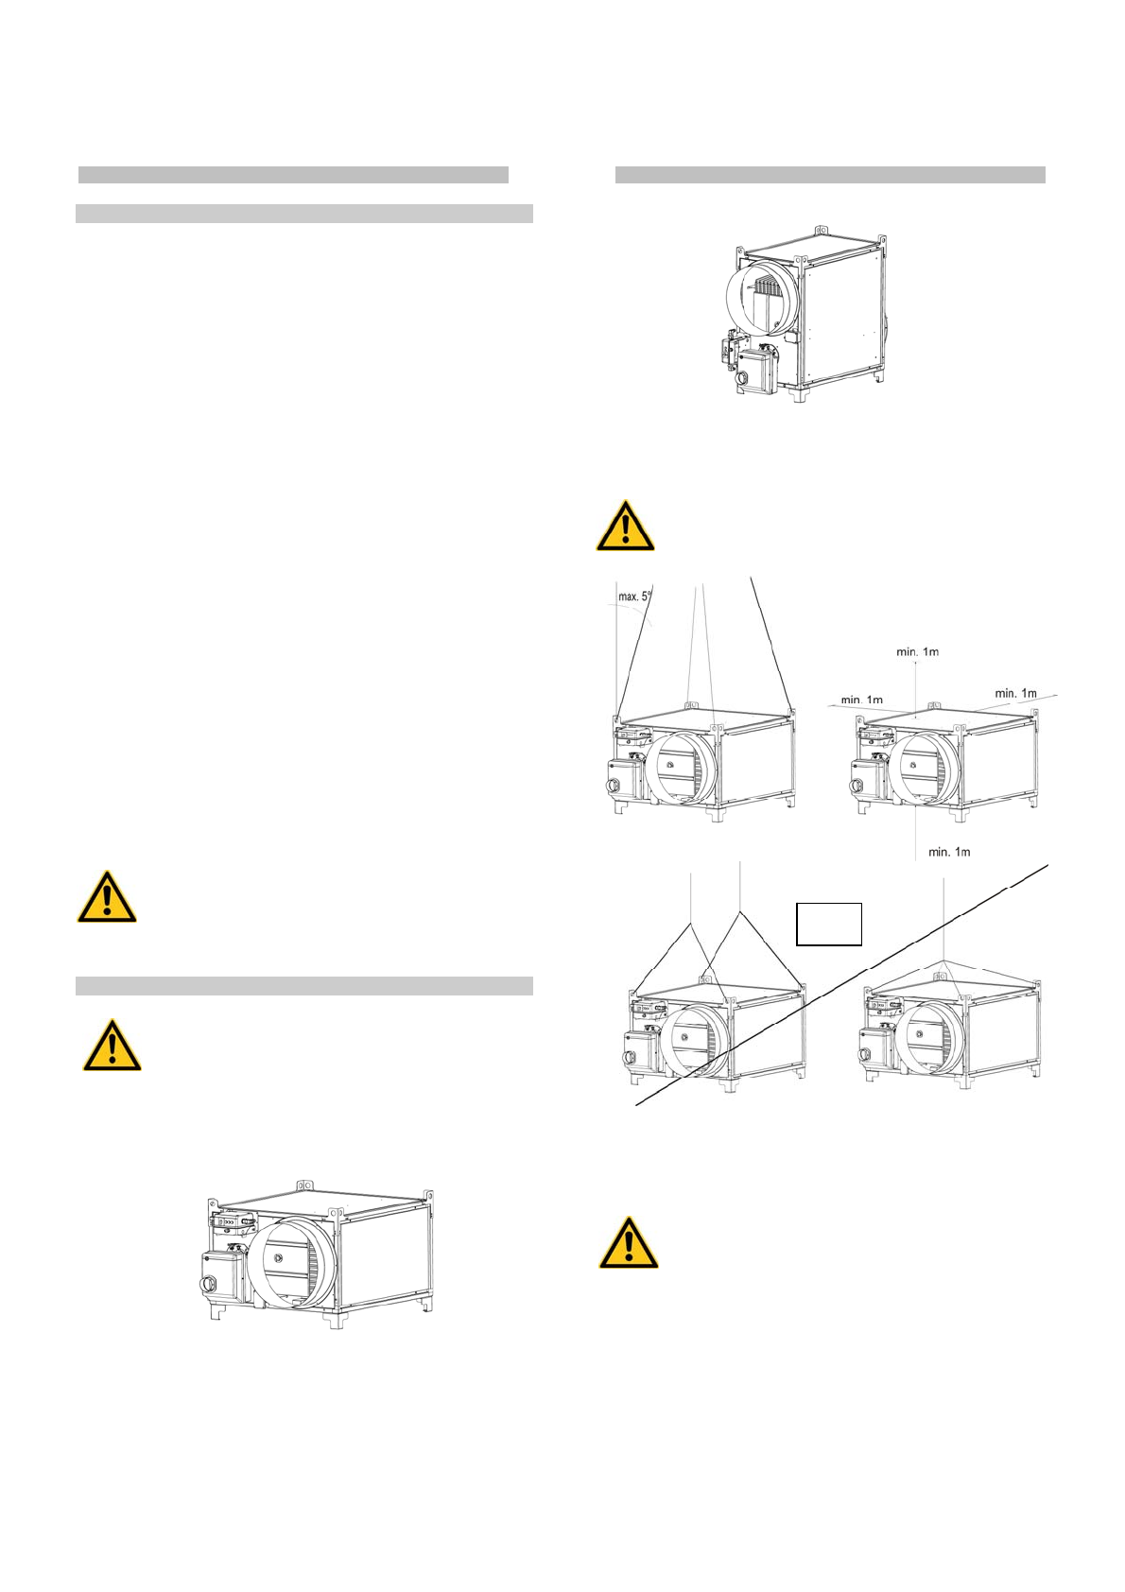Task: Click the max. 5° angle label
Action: [x=635, y=597]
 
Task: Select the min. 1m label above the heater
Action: [x=917, y=651]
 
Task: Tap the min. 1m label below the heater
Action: [x=949, y=852]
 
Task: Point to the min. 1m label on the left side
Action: [x=861, y=700]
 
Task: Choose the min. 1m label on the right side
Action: [x=1015, y=693]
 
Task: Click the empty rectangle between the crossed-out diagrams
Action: [x=829, y=924]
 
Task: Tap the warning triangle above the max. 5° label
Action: [x=625, y=527]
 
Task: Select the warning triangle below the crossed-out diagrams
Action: [x=629, y=1242]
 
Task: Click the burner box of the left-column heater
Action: [x=222, y=1276]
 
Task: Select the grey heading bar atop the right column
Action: [x=830, y=175]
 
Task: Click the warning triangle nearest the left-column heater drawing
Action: [x=112, y=1046]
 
